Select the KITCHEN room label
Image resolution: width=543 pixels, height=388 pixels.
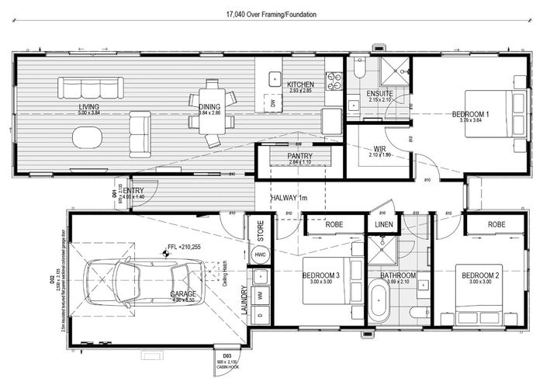click(299, 85)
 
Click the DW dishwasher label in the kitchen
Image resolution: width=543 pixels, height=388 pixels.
click(273, 102)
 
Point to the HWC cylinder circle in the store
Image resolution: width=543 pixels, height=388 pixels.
click(260, 255)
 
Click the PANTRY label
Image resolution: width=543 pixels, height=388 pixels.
click(299, 156)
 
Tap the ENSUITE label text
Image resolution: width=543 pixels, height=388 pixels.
click(379, 93)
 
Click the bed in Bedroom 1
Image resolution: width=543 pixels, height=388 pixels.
click(496, 113)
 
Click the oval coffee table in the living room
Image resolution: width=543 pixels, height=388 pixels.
click(87, 137)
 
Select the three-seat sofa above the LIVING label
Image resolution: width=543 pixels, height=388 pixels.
click(89, 87)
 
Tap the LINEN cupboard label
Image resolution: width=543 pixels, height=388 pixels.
click(384, 225)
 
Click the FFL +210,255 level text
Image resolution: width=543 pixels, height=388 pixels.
click(185, 248)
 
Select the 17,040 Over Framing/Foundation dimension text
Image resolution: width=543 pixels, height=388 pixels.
click(271, 14)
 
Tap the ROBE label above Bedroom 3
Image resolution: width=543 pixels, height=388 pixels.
click(333, 225)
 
